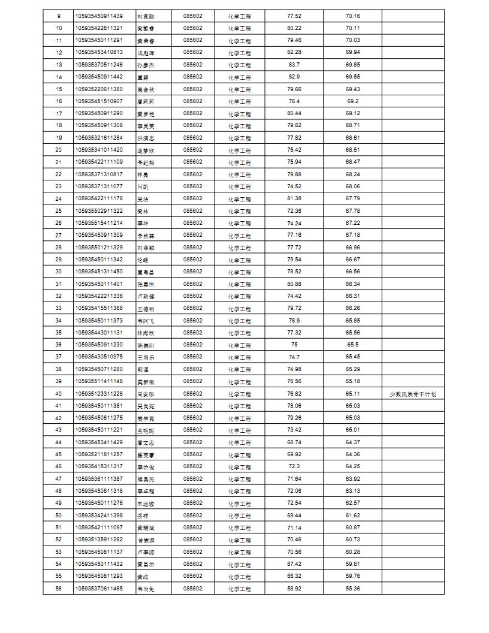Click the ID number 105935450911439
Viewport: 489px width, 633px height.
tap(99, 16)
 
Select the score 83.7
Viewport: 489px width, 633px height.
tap(294, 65)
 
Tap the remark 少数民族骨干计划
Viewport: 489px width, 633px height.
tap(413, 394)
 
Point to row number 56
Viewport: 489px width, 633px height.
tap(58, 589)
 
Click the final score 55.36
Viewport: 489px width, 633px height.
tap(352, 589)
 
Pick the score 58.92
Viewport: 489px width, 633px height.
tap(294, 589)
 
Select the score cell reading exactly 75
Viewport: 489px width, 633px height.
tap(294, 345)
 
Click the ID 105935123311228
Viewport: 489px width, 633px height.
tap(99, 394)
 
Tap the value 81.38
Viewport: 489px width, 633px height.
tap(294, 198)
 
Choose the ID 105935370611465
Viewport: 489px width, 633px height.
tap(99, 589)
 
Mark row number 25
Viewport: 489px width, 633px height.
tap(58, 211)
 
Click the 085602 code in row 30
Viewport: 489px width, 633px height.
tap(193, 272)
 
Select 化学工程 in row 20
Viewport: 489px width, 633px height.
tap(239, 150)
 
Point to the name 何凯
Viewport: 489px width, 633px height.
tap(143, 186)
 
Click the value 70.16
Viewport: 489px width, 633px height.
tap(352, 16)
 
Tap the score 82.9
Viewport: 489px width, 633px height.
tap(294, 77)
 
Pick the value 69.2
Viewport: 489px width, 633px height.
tap(352, 101)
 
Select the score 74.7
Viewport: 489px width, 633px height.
tap(294, 357)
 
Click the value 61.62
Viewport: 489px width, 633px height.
tap(352, 516)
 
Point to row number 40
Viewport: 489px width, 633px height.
tap(58, 394)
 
